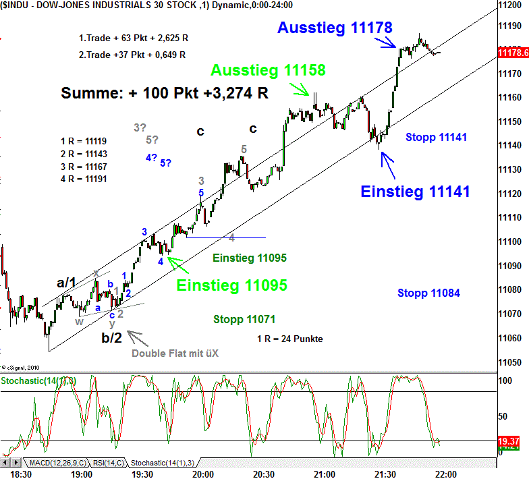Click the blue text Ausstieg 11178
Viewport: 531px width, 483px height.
[335, 28]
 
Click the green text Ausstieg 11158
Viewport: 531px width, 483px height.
[268, 70]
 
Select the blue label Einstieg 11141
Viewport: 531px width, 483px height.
[415, 192]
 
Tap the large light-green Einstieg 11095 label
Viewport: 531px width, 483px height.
[231, 285]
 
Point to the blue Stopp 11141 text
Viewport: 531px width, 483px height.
[437, 138]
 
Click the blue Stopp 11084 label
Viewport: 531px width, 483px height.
[428, 293]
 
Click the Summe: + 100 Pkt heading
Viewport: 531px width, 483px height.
[164, 94]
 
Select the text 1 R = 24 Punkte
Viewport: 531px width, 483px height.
[289, 339]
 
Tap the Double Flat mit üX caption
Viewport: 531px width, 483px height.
[175, 353]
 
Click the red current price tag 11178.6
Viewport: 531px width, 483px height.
[513, 53]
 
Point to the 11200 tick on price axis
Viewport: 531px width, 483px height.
[511, 5]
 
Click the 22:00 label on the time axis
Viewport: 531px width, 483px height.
[446, 474]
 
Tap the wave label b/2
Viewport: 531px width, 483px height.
[112, 337]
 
